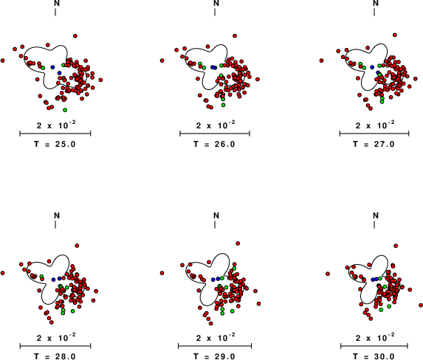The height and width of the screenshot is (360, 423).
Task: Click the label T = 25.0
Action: pos(55,144)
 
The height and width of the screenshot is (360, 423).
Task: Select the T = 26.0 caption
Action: pos(215,144)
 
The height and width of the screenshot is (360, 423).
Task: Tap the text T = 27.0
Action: pos(374,144)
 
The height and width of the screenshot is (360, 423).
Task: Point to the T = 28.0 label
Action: pos(55,356)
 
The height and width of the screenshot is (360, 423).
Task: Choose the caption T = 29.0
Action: pos(215,356)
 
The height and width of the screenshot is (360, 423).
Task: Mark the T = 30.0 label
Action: pos(374,356)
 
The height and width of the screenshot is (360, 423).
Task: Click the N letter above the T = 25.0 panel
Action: pos(57,3)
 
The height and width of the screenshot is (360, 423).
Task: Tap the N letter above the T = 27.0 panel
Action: pos(376,3)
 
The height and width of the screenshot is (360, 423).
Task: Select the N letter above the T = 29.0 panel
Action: pos(216,215)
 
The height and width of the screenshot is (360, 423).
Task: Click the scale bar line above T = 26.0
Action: pos(215,134)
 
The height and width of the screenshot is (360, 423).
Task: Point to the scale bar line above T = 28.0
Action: pos(55,346)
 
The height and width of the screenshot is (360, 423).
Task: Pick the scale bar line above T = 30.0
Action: pos(374,346)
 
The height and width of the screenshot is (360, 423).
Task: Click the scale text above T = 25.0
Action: pos(56,125)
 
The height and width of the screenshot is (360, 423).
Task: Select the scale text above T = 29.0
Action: pos(216,338)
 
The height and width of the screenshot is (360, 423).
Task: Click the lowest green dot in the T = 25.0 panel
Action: pos(65,110)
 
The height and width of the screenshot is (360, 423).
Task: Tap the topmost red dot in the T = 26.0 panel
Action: pos(235,36)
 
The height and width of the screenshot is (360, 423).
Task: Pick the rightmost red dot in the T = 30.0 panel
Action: pos(421,305)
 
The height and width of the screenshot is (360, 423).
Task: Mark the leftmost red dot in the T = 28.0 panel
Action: pos(3,273)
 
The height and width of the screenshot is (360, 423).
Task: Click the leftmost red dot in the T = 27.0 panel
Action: pos(322,60)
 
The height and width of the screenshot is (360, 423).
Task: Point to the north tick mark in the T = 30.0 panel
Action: pos(374,224)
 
